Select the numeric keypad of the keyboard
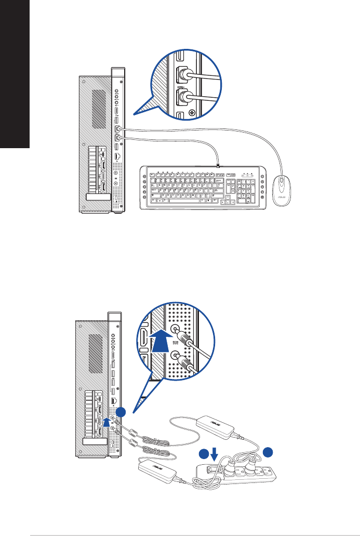[x=245, y=190]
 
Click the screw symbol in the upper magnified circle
[x=192, y=112]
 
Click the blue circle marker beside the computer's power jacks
[x=121, y=412]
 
